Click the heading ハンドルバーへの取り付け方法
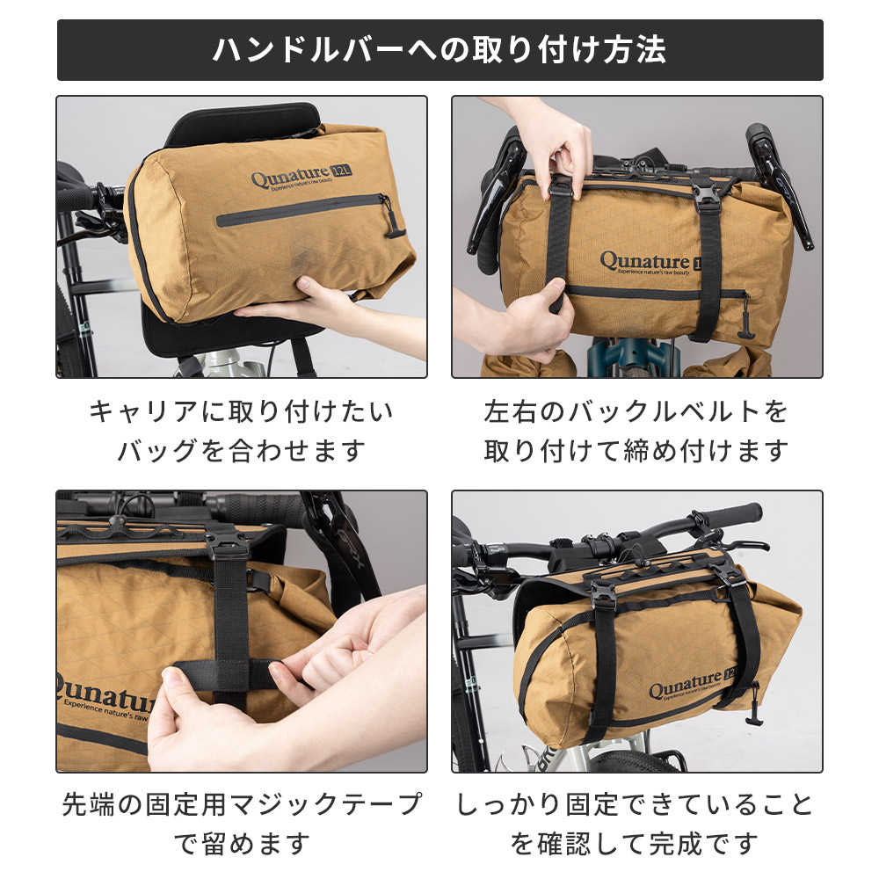439,49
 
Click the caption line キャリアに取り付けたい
242,410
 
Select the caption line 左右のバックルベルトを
636,410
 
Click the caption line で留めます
242,845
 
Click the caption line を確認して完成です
636,845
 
